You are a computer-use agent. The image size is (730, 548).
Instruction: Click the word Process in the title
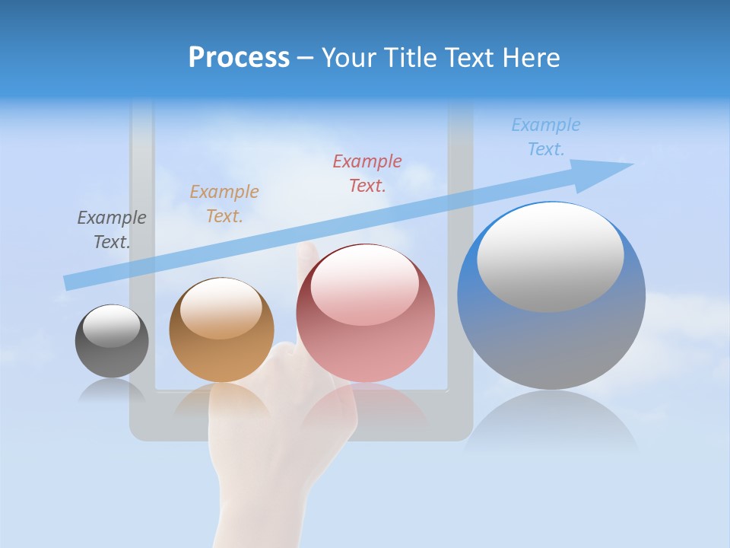coord(239,58)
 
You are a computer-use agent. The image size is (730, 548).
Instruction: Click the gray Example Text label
coord(112,230)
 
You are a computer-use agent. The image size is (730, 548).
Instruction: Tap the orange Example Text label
coord(224,204)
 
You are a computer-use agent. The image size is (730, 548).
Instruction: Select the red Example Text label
coord(367,174)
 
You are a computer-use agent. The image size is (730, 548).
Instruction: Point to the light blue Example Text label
coord(546,137)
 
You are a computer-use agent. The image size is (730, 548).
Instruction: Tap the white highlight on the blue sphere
coord(550,256)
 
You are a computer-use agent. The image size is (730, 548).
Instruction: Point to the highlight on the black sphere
coord(111,326)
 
